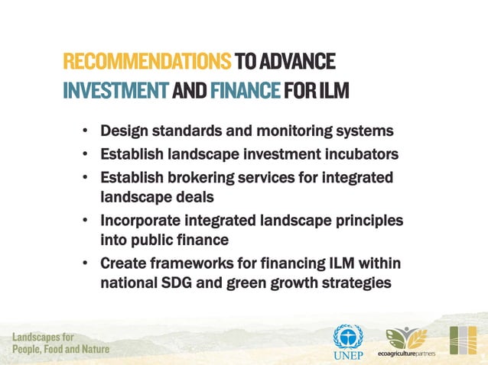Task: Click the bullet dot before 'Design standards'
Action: tap(86, 131)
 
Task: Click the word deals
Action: tap(194, 196)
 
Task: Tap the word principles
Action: tap(363, 221)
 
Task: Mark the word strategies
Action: tap(354, 282)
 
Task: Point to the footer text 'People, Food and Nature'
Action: tap(60, 349)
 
